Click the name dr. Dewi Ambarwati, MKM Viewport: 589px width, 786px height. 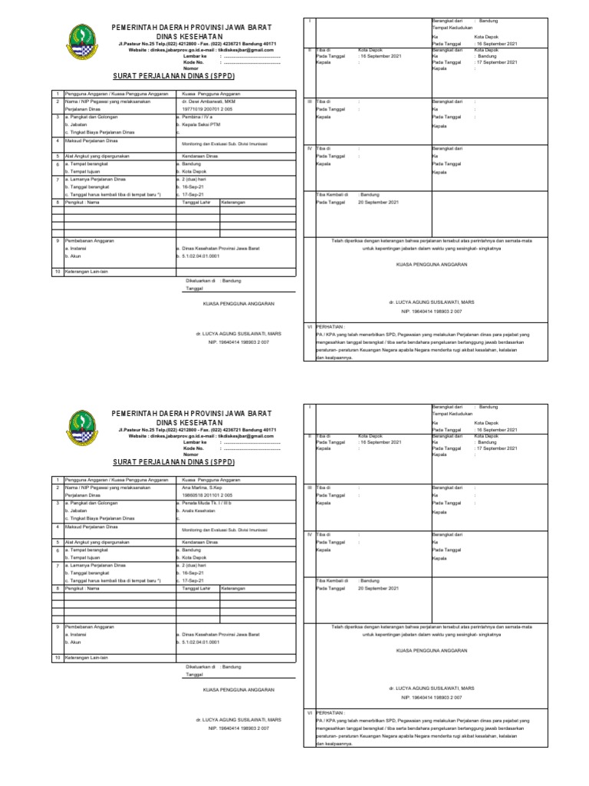(x=203, y=101)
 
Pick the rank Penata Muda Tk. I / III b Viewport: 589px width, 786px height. (x=205, y=502)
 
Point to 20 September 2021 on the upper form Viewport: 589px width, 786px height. (x=379, y=202)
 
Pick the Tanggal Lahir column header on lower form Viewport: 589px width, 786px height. (x=192, y=588)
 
